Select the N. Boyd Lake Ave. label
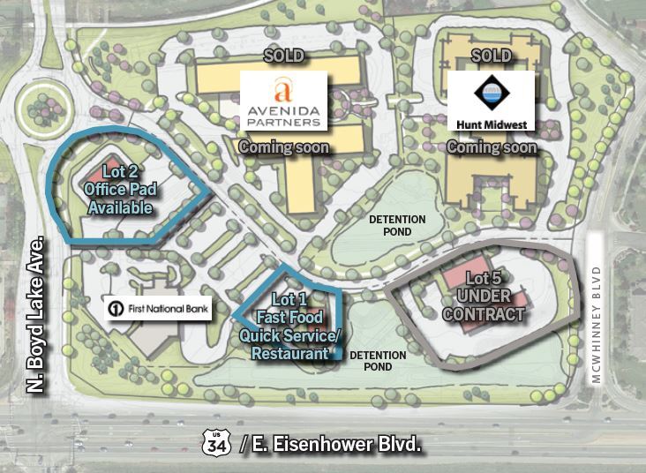click(x=36, y=312)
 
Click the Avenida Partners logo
click(x=284, y=101)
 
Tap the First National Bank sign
click(x=158, y=309)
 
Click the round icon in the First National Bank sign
click(x=116, y=309)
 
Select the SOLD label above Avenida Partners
click(x=284, y=56)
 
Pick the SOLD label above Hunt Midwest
click(x=492, y=56)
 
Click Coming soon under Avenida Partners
click(x=284, y=147)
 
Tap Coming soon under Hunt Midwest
click(x=492, y=147)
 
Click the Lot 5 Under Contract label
click(x=484, y=297)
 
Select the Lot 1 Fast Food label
click(x=289, y=326)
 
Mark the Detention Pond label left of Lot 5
click(x=378, y=361)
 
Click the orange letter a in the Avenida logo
click(x=282, y=90)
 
